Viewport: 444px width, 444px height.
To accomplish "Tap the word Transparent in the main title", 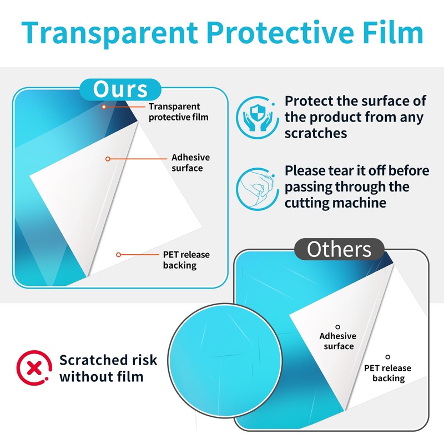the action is coord(109,34).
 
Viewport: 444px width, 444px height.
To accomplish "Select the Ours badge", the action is coord(120,89).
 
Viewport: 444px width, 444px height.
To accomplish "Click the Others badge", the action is coord(339,249).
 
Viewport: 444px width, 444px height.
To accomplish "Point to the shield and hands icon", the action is coord(257,117).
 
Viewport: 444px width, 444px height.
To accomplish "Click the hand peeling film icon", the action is coord(257,189).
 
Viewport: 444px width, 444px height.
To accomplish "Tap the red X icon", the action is coord(34,368).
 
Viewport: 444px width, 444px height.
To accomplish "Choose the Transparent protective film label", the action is coord(178,112).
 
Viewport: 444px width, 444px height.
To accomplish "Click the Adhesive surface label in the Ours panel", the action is coord(190,163).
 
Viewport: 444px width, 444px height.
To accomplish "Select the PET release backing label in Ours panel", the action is coord(186,260).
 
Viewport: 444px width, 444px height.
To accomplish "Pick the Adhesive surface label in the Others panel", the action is coord(338,341).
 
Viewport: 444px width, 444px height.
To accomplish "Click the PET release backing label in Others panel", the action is coord(387,373).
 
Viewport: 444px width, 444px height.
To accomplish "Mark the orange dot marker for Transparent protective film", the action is coord(104,107).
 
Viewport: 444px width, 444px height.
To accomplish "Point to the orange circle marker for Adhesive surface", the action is coord(108,159).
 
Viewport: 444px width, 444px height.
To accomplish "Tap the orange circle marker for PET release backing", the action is coord(119,255).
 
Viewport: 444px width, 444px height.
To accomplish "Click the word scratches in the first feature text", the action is coord(316,133).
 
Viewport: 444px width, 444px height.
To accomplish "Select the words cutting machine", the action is coord(335,203).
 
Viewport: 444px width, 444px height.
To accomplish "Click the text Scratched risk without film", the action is coord(108,369).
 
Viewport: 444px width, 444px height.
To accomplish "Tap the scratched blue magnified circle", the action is coord(225,360).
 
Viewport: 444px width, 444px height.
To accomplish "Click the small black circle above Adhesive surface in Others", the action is coord(337,327).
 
